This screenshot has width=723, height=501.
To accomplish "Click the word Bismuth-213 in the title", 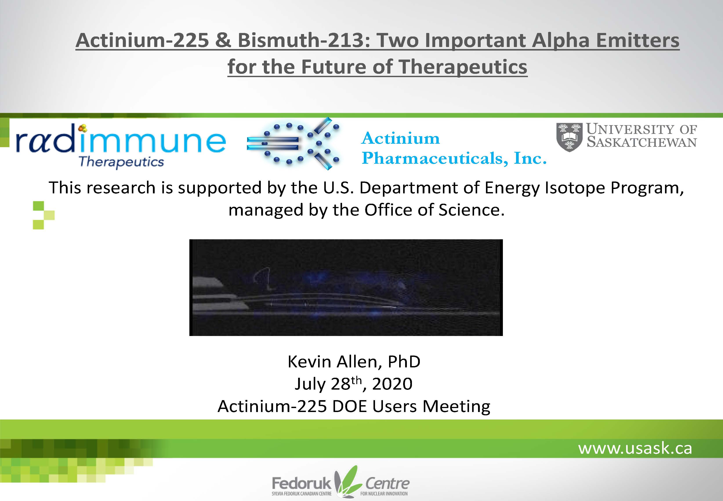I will [304, 41].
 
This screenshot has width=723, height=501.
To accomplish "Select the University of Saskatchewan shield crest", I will [569, 137].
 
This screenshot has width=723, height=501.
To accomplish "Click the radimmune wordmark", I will [121, 142].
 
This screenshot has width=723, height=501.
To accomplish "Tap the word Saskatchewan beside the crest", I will [642, 142].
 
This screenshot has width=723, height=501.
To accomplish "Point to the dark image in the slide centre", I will [346, 288].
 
